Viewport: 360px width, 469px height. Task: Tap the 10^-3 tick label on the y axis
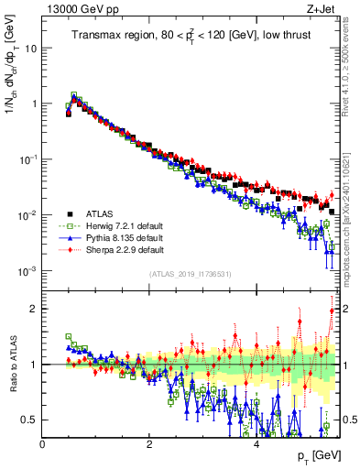click(x=29, y=271)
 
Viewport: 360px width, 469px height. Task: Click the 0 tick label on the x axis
click(x=43, y=444)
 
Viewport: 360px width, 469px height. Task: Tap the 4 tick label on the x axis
click(x=256, y=444)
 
